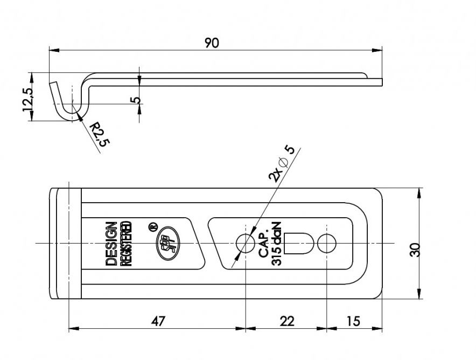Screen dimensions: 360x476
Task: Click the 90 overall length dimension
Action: pos(212,43)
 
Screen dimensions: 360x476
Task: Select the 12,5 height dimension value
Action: pos(27,99)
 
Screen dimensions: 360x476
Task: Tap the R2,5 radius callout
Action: pos(99,134)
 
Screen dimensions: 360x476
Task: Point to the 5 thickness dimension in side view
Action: pos(135,100)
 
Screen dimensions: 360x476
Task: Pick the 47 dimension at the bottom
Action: pos(157,321)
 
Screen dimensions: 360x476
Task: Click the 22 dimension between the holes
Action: pos(288,321)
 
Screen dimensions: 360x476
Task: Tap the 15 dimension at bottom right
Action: pos(353,321)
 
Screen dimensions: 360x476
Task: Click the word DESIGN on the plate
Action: pos(111,244)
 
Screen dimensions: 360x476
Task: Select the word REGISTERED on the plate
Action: pos(126,244)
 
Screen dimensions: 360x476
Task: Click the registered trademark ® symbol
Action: pos(152,226)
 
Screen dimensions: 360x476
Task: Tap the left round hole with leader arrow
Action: pos(245,244)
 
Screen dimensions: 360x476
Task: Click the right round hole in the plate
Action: pos(326,244)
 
